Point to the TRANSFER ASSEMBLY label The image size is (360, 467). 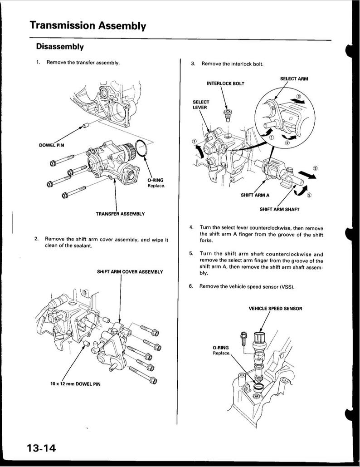click(x=120, y=213)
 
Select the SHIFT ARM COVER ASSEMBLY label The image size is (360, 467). click(x=130, y=272)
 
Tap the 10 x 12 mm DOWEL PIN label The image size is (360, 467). click(x=76, y=384)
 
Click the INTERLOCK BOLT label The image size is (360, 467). click(x=225, y=84)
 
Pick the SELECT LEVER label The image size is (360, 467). click(x=201, y=104)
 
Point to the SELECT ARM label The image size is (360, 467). click(x=294, y=79)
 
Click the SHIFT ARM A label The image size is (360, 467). click(x=251, y=196)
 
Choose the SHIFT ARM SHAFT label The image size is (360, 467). click(x=279, y=209)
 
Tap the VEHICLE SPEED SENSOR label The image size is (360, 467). click(x=275, y=309)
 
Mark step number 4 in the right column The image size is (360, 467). click(x=192, y=227)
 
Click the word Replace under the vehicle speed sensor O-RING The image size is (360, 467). click(x=222, y=353)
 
